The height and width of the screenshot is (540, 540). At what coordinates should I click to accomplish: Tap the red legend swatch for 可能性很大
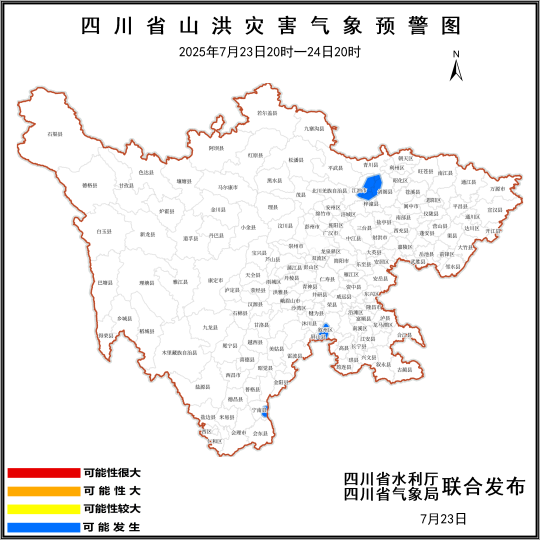click(44, 473)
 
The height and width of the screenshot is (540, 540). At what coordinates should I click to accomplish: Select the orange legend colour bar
click(44, 491)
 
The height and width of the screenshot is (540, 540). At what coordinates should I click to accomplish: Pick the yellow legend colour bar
click(44, 509)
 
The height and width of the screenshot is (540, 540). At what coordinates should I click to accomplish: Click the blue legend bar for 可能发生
click(44, 527)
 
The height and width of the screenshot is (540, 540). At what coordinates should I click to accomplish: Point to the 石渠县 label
click(55, 134)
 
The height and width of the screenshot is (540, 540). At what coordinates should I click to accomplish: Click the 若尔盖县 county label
click(267, 113)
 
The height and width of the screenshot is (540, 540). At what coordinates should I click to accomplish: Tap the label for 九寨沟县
click(314, 128)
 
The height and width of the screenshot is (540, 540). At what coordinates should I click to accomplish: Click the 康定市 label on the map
click(215, 280)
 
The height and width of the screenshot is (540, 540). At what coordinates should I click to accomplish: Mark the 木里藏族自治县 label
click(179, 352)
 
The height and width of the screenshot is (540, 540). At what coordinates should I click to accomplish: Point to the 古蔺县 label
click(404, 369)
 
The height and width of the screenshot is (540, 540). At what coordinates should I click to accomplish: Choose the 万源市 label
click(497, 189)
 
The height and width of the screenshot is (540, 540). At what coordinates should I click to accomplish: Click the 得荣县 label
click(105, 335)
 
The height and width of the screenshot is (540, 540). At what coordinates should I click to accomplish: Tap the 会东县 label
click(260, 433)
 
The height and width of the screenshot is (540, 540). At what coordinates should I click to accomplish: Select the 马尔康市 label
click(227, 187)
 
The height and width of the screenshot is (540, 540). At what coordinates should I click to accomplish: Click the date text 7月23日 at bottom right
click(444, 518)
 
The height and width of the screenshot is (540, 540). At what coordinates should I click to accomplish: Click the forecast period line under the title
click(270, 52)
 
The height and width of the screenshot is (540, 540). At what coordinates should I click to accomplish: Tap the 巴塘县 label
click(105, 283)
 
